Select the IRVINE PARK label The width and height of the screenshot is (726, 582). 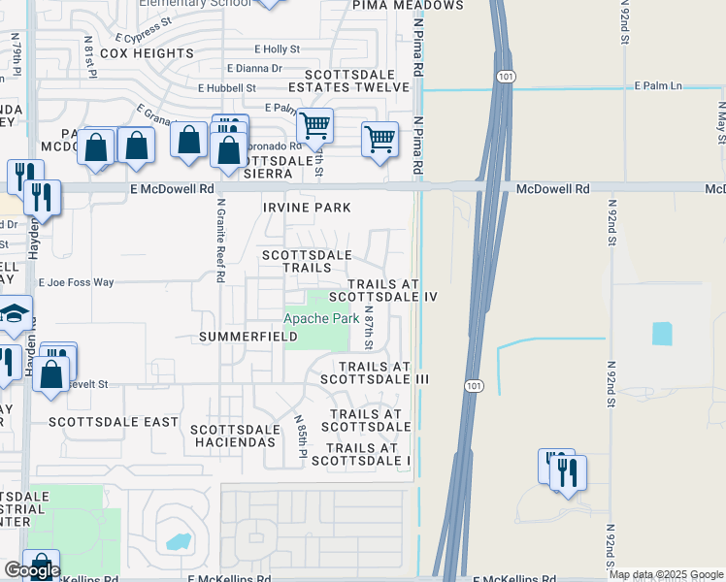(x=307, y=208)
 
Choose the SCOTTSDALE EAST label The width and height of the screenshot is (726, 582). (x=114, y=422)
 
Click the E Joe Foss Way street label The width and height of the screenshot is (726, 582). (x=76, y=282)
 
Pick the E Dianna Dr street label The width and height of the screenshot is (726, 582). (x=254, y=69)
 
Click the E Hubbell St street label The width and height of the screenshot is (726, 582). (x=228, y=87)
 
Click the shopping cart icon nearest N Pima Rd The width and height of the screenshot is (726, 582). (x=379, y=138)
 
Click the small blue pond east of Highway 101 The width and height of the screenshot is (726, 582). (x=662, y=333)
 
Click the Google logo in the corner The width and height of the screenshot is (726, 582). (x=32, y=571)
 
